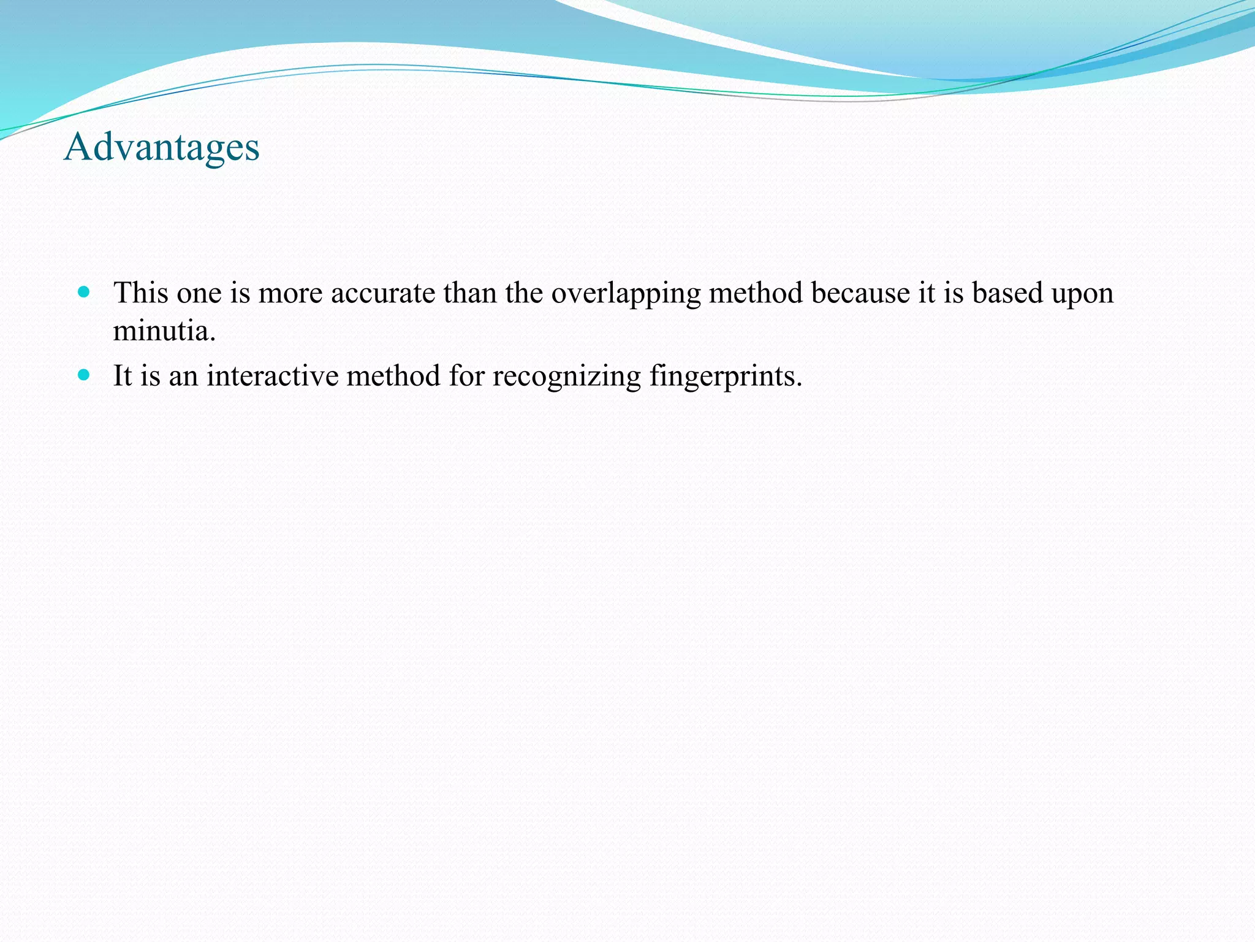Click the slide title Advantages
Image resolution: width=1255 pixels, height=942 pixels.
[x=162, y=148]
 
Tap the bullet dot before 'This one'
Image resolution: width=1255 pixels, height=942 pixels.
[x=84, y=291]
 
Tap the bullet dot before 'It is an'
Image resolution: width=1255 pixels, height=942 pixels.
[x=84, y=374]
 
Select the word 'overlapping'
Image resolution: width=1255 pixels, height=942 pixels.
[x=626, y=294]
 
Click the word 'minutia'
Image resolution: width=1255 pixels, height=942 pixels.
[x=164, y=331]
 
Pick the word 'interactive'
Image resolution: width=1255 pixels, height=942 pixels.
[x=272, y=375]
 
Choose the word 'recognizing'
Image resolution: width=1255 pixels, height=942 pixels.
[x=566, y=377]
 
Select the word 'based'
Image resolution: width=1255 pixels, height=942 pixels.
[x=1007, y=293]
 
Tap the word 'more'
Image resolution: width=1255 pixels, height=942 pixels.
[x=290, y=294]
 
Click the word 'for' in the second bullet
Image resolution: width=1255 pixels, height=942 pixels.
[x=466, y=375]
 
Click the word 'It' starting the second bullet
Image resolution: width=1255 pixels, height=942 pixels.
[x=123, y=375]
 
